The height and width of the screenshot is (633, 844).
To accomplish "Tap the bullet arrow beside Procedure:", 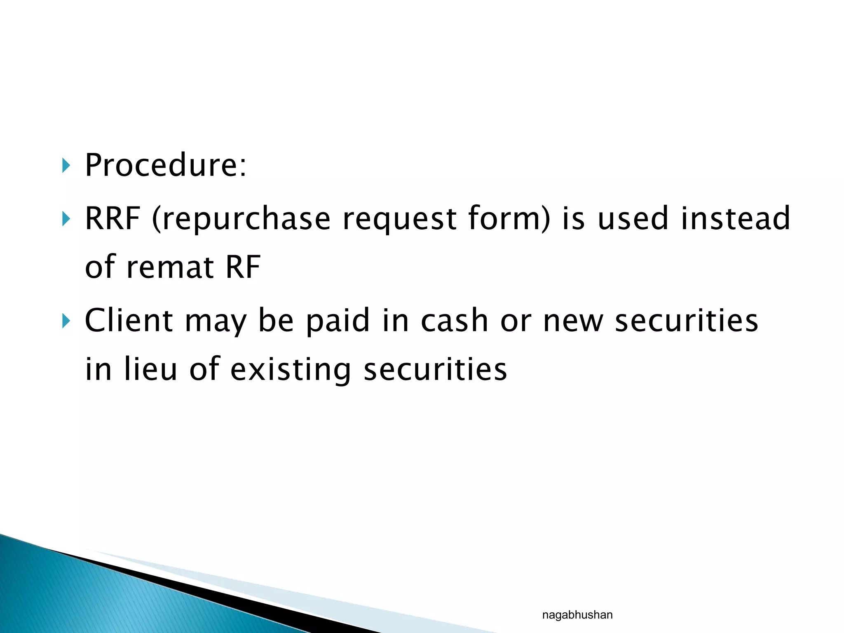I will point(66,166).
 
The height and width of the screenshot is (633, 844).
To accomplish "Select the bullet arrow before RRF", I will point(66,219).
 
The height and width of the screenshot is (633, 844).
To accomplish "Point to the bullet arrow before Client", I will point(66,321).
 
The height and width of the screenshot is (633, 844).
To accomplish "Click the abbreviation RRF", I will point(113,218).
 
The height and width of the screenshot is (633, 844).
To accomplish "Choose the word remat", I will point(170,267).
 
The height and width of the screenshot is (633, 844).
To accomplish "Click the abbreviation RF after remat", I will point(243,267).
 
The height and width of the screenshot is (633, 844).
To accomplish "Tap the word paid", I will point(338,321).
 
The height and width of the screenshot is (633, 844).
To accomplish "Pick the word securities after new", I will point(686,320).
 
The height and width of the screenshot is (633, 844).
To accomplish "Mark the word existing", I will point(291,370).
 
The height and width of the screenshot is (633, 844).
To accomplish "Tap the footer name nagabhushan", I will point(577,615).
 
